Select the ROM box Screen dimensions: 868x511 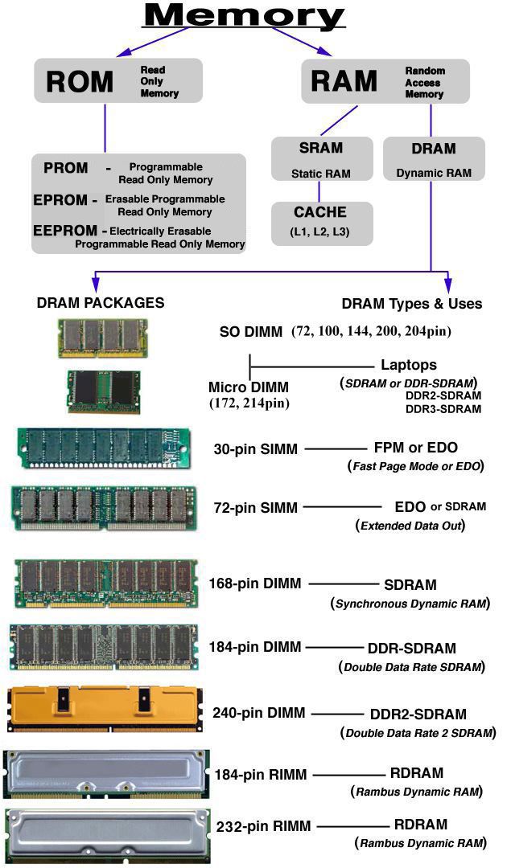117,81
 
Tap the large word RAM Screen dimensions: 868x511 344,81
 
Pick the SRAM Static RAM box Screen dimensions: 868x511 321,159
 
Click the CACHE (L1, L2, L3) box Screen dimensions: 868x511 321,223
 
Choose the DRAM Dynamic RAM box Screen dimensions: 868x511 434,159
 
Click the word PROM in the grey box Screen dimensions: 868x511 66,168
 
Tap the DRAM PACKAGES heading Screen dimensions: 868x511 101,303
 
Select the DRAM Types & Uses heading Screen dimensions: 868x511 412,303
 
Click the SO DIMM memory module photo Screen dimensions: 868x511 102,337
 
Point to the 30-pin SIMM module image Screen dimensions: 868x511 104,448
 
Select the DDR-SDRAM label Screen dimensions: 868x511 412,648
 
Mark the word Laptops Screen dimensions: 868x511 409,365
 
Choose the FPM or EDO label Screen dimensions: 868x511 416,448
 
